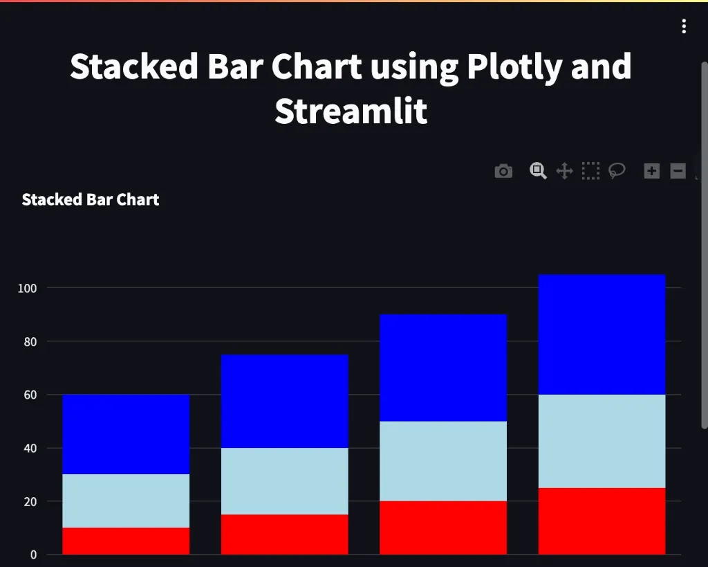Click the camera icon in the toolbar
(x=503, y=171)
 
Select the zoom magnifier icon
(x=538, y=170)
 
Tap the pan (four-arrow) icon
(x=564, y=171)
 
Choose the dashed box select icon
(x=590, y=171)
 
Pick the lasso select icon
(x=617, y=170)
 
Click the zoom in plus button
(x=651, y=171)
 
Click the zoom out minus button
(x=678, y=171)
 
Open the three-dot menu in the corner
(x=684, y=26)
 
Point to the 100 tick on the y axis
(x=28, y=288)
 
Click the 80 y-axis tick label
(x=30, y=341)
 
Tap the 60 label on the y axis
(x=30, y=395)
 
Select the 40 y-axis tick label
(x=30, y=448)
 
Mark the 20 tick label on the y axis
(x=30, y=501)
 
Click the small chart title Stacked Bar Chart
(x=91, y=200)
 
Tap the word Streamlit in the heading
(x=351, y=111)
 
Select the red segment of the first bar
(x=126, y=541)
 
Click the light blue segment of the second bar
(x=284, y=481)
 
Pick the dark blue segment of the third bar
(x=443, y=368)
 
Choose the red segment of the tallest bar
(x=602, y=521)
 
